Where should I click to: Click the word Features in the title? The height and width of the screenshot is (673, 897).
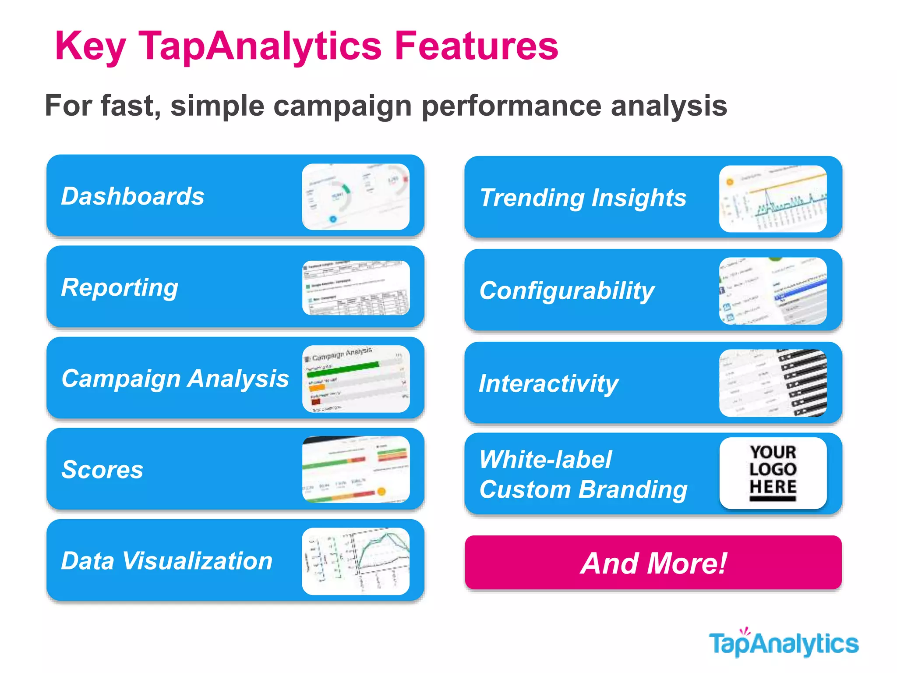[476, 46]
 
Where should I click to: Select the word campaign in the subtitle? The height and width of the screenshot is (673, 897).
[342, 106]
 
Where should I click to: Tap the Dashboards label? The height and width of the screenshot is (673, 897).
[133, 196]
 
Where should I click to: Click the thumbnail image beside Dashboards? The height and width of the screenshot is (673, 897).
[356, 197]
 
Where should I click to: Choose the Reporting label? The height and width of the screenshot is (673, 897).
[120, 287]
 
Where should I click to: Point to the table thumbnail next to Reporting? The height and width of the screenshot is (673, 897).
[356, 288]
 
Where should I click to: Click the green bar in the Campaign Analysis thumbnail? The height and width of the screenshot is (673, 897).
[342, 369]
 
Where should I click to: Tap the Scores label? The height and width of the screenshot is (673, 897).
[102, 470]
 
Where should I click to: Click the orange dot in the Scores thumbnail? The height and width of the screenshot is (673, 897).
[381, 492]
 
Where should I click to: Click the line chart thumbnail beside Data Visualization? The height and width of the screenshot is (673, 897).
[356, 561]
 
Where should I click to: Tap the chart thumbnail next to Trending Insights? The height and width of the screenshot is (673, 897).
[773, 198]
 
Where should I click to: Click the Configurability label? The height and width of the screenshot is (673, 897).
[567, 291]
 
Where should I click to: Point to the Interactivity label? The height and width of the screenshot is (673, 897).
[548, 384]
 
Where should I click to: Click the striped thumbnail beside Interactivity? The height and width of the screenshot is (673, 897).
[773, 383]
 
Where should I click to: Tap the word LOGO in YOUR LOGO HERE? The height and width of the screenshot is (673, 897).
[773, 469]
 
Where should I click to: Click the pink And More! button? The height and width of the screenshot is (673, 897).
[653, 563]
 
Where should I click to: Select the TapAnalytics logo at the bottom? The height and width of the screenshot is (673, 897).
[784, 644]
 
